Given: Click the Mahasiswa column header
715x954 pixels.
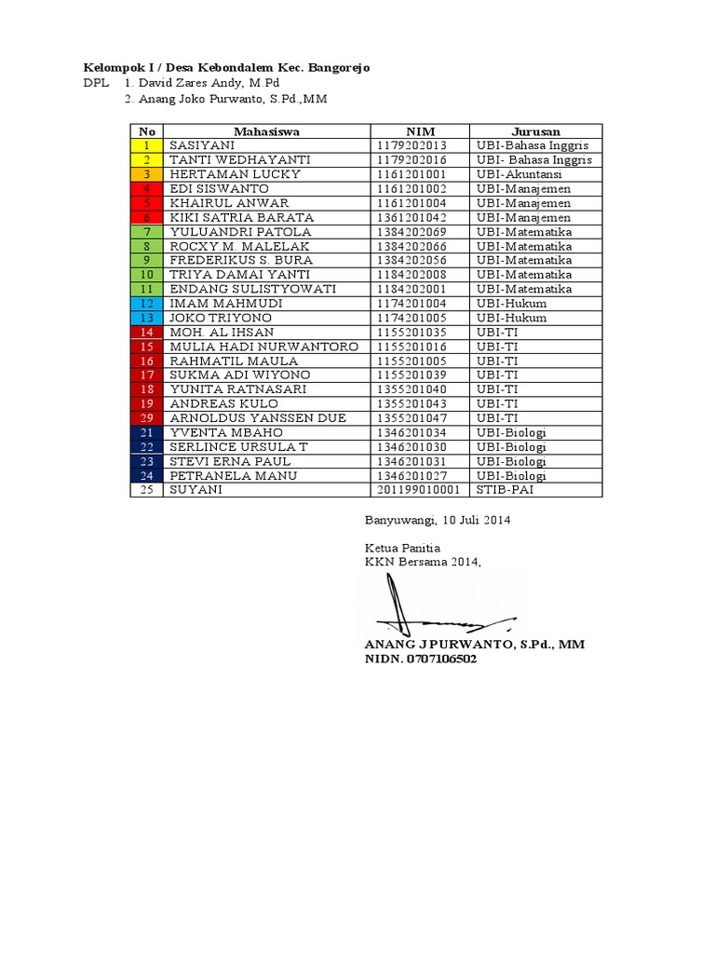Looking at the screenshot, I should tap(266, 131).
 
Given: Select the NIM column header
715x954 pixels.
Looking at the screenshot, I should tap(420, 131).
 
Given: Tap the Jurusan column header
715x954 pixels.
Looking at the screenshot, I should tap(535, 131).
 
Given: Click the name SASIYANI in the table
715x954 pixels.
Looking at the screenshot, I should tap(202, 146).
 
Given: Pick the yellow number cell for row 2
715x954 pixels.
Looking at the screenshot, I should tap(146, 160).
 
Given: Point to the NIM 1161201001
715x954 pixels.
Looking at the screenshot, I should tap(412, 174).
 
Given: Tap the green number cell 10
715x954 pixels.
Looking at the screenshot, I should tap(146, 275).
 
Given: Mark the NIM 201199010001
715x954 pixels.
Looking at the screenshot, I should tap(419, 490).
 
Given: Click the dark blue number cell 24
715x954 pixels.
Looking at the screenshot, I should tap(146, 475).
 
